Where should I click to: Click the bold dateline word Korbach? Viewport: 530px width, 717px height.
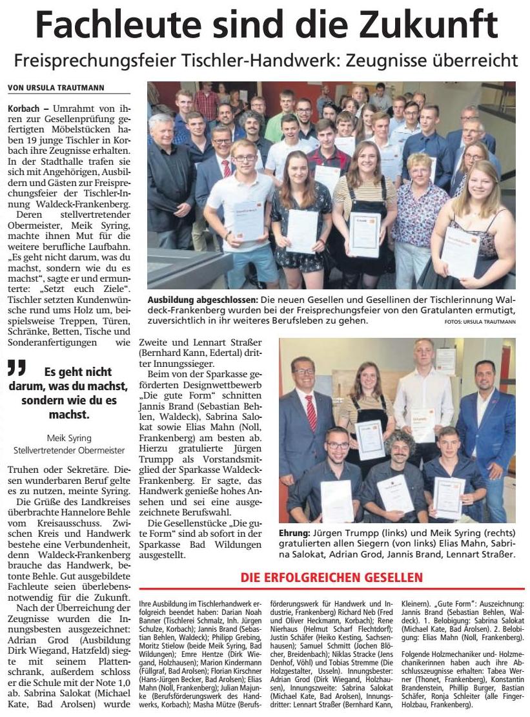23,104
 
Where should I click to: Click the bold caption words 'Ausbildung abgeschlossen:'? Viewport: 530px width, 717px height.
199,300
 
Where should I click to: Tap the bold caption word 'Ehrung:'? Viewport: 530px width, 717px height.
294,534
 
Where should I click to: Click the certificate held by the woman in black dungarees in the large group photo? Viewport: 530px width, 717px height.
365,234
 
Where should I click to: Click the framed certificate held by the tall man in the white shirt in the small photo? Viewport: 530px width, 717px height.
423,423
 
